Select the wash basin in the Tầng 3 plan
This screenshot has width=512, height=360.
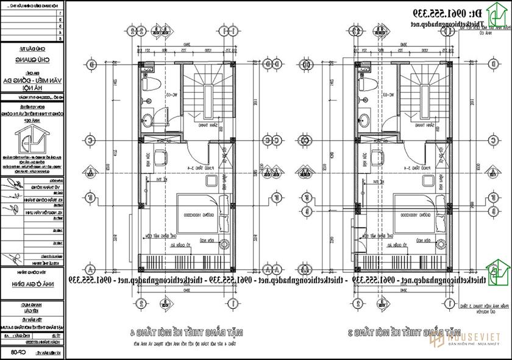coord(364,118)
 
